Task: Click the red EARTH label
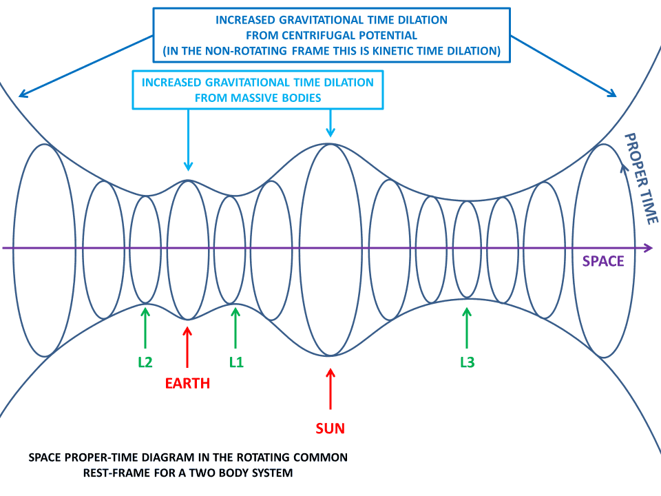(187, 384)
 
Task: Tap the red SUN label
(330, 428)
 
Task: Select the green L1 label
(236, 362)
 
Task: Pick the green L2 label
(145, 362)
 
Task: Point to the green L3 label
(467, 362)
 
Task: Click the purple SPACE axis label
(603, 261)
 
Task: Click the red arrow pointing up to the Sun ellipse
(330, 389)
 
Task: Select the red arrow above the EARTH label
(187, 347)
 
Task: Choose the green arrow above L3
(467, 328)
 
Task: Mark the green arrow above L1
(235, 328)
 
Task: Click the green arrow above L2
(145, 328)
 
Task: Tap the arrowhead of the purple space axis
(649, 247)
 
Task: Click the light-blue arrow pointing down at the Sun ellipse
(330, 123)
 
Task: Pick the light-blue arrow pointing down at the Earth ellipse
(189, 140)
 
